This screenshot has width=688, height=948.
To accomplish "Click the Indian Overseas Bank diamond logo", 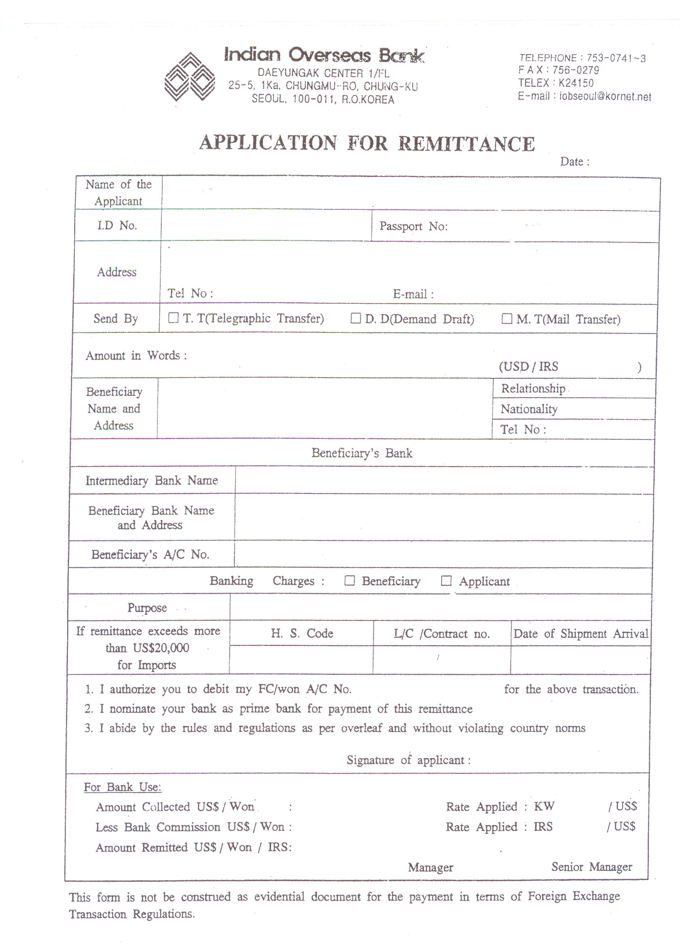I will coord(189,76).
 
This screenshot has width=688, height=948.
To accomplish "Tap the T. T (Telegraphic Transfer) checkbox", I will coord(173,318).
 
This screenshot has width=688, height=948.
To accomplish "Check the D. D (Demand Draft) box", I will coord(355,319).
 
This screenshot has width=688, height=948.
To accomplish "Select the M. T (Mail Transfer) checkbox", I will coord(506,319).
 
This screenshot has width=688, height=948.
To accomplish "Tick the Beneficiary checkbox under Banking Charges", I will coord(349,581).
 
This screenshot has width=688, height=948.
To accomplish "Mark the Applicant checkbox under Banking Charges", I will coord(446,581).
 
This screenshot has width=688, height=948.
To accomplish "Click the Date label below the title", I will coord(575,162).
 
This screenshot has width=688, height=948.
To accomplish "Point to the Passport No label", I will coord(413,226).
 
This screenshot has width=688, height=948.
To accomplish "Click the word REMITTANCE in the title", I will coord(466,144).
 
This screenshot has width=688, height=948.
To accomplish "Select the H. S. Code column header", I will coord(302,633).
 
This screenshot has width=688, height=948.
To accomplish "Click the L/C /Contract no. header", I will coord(441,634).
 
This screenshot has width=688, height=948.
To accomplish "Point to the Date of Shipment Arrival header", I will coord(580,634).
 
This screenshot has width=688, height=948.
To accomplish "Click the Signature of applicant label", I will coord(408,760).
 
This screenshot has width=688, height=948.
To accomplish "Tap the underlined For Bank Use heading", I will coord(122,787).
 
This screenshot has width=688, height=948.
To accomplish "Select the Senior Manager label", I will coord(591,867).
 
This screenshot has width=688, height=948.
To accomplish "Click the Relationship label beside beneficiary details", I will coord(533,388).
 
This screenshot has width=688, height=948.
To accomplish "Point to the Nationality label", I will coord(529,409).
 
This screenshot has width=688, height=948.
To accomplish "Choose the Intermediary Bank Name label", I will coord(151,480).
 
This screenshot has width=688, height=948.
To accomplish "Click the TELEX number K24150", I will coord(576,83).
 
